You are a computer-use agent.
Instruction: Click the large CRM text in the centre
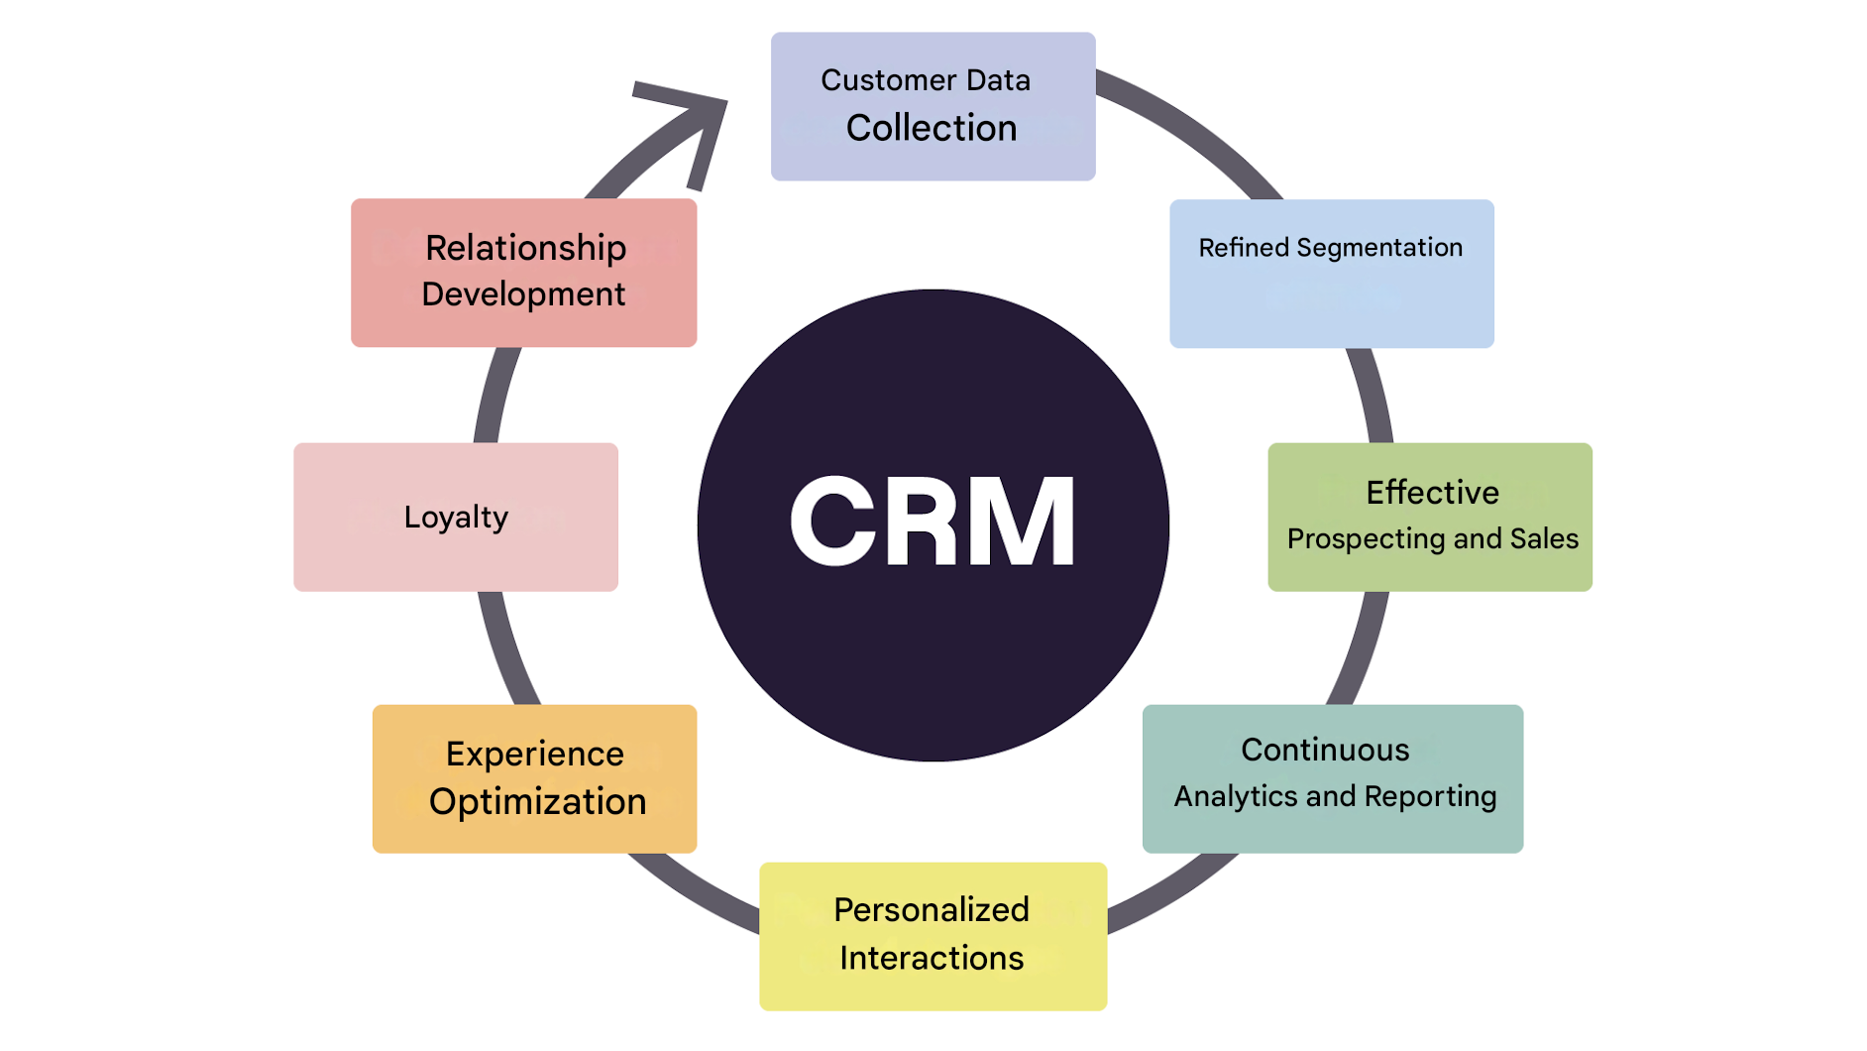(x=932, y=522)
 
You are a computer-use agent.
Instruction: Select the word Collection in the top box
(x=932, y=128)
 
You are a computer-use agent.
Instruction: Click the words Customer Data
(x=926, y=80)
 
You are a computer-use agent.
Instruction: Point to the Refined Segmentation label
(x=1330, y=248)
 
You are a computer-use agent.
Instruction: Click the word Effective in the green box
(x=1432, y=493)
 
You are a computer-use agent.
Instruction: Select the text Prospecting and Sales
(x=1432, y=539)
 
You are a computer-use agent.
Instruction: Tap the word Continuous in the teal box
(x=1325, y=751)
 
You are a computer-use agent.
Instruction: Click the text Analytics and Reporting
(x=1335, y=797)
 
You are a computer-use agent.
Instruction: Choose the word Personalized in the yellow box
(x=932, y=910)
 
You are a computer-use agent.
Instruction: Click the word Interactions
(x=932, y=959)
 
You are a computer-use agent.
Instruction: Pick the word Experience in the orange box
(x=535, y=755)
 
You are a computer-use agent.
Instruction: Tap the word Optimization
(x=537, y=802)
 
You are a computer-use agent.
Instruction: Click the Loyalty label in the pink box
(x=456, y=518)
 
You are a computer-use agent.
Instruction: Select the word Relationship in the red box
(x=525, y=248)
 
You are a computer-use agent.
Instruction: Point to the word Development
(x=523, y=294)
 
